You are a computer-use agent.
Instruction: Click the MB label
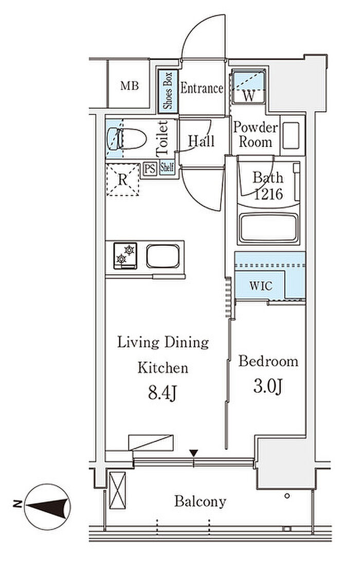point(129,86)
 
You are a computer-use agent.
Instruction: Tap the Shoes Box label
point(168,91)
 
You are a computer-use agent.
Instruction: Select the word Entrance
point(202,88)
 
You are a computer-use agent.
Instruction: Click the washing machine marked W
point(248,87)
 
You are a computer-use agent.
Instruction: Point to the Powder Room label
point(256,134)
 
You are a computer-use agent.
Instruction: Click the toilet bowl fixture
point(127,138)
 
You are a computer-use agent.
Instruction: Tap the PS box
point(150,169)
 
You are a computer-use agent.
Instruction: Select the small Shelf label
point(167,168)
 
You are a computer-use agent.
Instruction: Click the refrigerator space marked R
point(123,180)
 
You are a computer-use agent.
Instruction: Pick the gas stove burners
point(125,256)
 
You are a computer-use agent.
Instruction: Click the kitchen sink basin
point(163,256)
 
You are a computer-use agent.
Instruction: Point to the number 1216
point(268,194)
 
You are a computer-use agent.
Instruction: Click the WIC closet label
point(261,286)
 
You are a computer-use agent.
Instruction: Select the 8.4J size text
point(162,394)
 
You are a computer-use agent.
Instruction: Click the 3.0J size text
point(268,387)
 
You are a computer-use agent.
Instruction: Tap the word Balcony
point(200,502)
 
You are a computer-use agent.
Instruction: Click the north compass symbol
point(47,506)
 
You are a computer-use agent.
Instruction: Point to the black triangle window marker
point(194,453)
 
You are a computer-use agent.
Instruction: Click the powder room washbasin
point(291,135)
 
